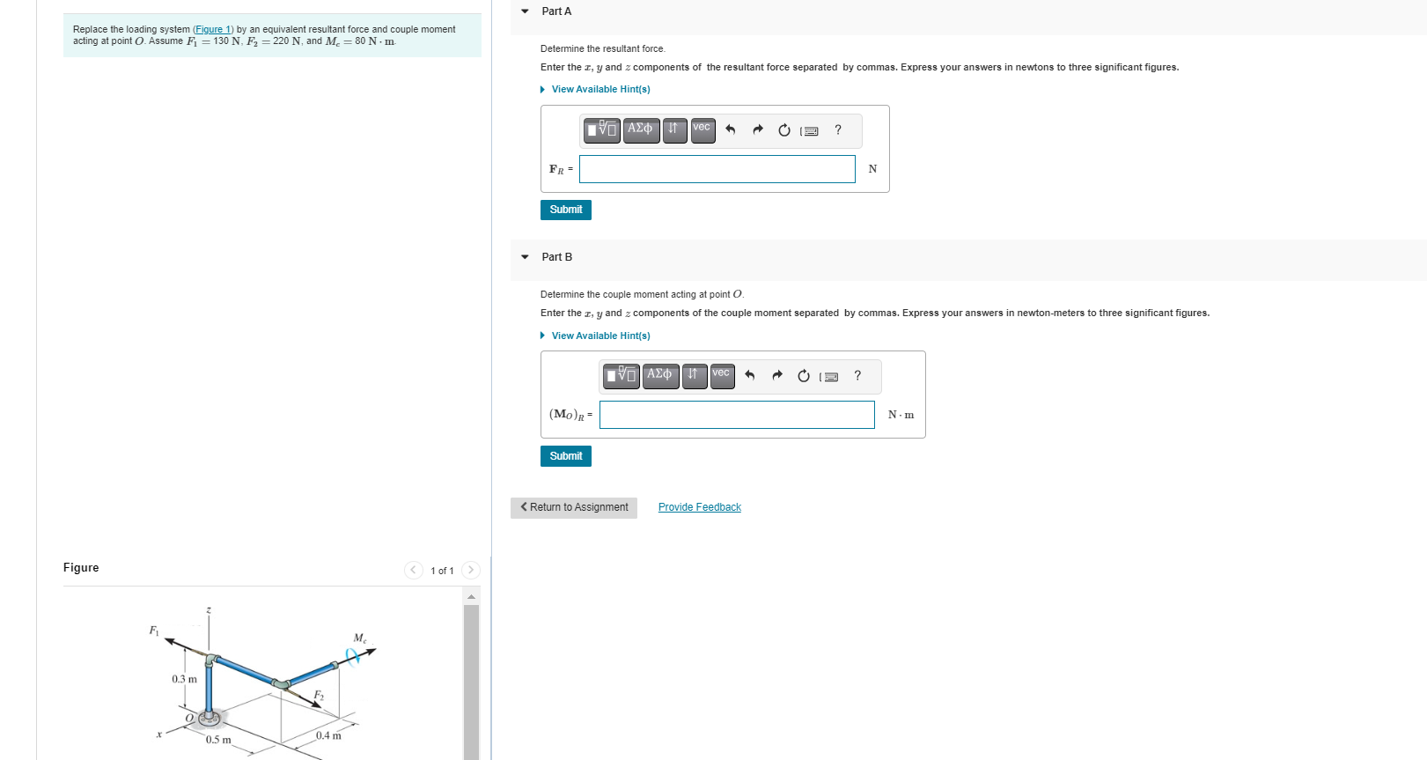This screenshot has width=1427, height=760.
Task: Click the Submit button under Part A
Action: coord(565,210)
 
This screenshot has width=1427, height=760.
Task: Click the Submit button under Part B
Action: coord(565,456)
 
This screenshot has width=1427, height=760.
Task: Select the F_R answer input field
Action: coord(717,169)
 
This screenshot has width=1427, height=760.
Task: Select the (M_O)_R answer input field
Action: coord(737,415)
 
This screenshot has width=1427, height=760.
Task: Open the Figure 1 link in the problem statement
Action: coord(213,29)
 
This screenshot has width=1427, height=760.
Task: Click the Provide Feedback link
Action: coord(699,507)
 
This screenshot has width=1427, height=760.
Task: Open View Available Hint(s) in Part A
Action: coord(599,90)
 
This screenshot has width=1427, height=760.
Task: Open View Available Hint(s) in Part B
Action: coord(599,336)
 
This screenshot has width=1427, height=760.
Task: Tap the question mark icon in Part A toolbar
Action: coord(838,130)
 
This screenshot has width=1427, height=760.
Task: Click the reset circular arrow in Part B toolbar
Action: coord(803,376)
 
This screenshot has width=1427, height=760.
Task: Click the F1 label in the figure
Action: coord(154,631)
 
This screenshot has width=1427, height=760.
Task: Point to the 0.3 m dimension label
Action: coord(184,679)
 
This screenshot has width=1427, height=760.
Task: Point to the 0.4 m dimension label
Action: coord(328,735)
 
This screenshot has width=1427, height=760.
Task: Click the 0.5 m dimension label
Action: coord(218,740)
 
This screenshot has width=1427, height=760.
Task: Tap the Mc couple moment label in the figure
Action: coord(359,638)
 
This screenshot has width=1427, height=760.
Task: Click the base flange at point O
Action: coord(210,719)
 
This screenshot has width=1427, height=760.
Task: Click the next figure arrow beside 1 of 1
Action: coord(471,570)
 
